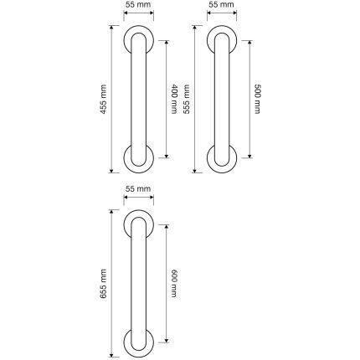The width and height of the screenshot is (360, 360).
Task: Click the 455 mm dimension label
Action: pos(103,99)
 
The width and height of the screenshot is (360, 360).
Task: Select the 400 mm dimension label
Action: pos(173,99)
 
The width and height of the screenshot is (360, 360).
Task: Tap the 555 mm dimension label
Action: pos(186,99)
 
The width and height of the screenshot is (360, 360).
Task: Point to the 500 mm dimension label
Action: pos(257,99)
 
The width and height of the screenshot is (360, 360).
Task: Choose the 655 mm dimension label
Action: pos(103,284)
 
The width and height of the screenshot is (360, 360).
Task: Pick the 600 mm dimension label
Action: pos(173,283)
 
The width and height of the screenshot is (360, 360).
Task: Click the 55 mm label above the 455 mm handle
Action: pos(138,5)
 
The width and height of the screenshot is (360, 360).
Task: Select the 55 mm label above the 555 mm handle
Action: pos(221,5)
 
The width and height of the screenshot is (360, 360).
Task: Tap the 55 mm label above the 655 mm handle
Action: pos(138,189)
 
